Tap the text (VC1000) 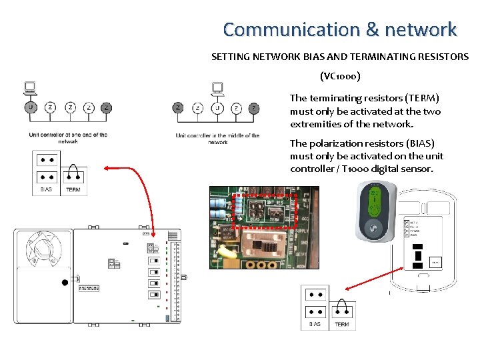pos(340,76)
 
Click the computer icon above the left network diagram pos(30,89)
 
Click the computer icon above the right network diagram pos(217,89)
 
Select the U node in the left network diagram pos(30,107)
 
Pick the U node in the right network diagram pos(217,108)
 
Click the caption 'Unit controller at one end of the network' pos(68,138)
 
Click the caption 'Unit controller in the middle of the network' pos(217,139)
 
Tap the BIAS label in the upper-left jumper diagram pos(46,189)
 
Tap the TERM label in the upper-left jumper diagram pos(73,189)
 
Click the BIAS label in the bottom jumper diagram pos(315,324)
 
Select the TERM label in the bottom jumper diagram pos(341,324)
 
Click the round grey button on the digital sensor pos(373,227)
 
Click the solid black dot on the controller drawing pos(65,283)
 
